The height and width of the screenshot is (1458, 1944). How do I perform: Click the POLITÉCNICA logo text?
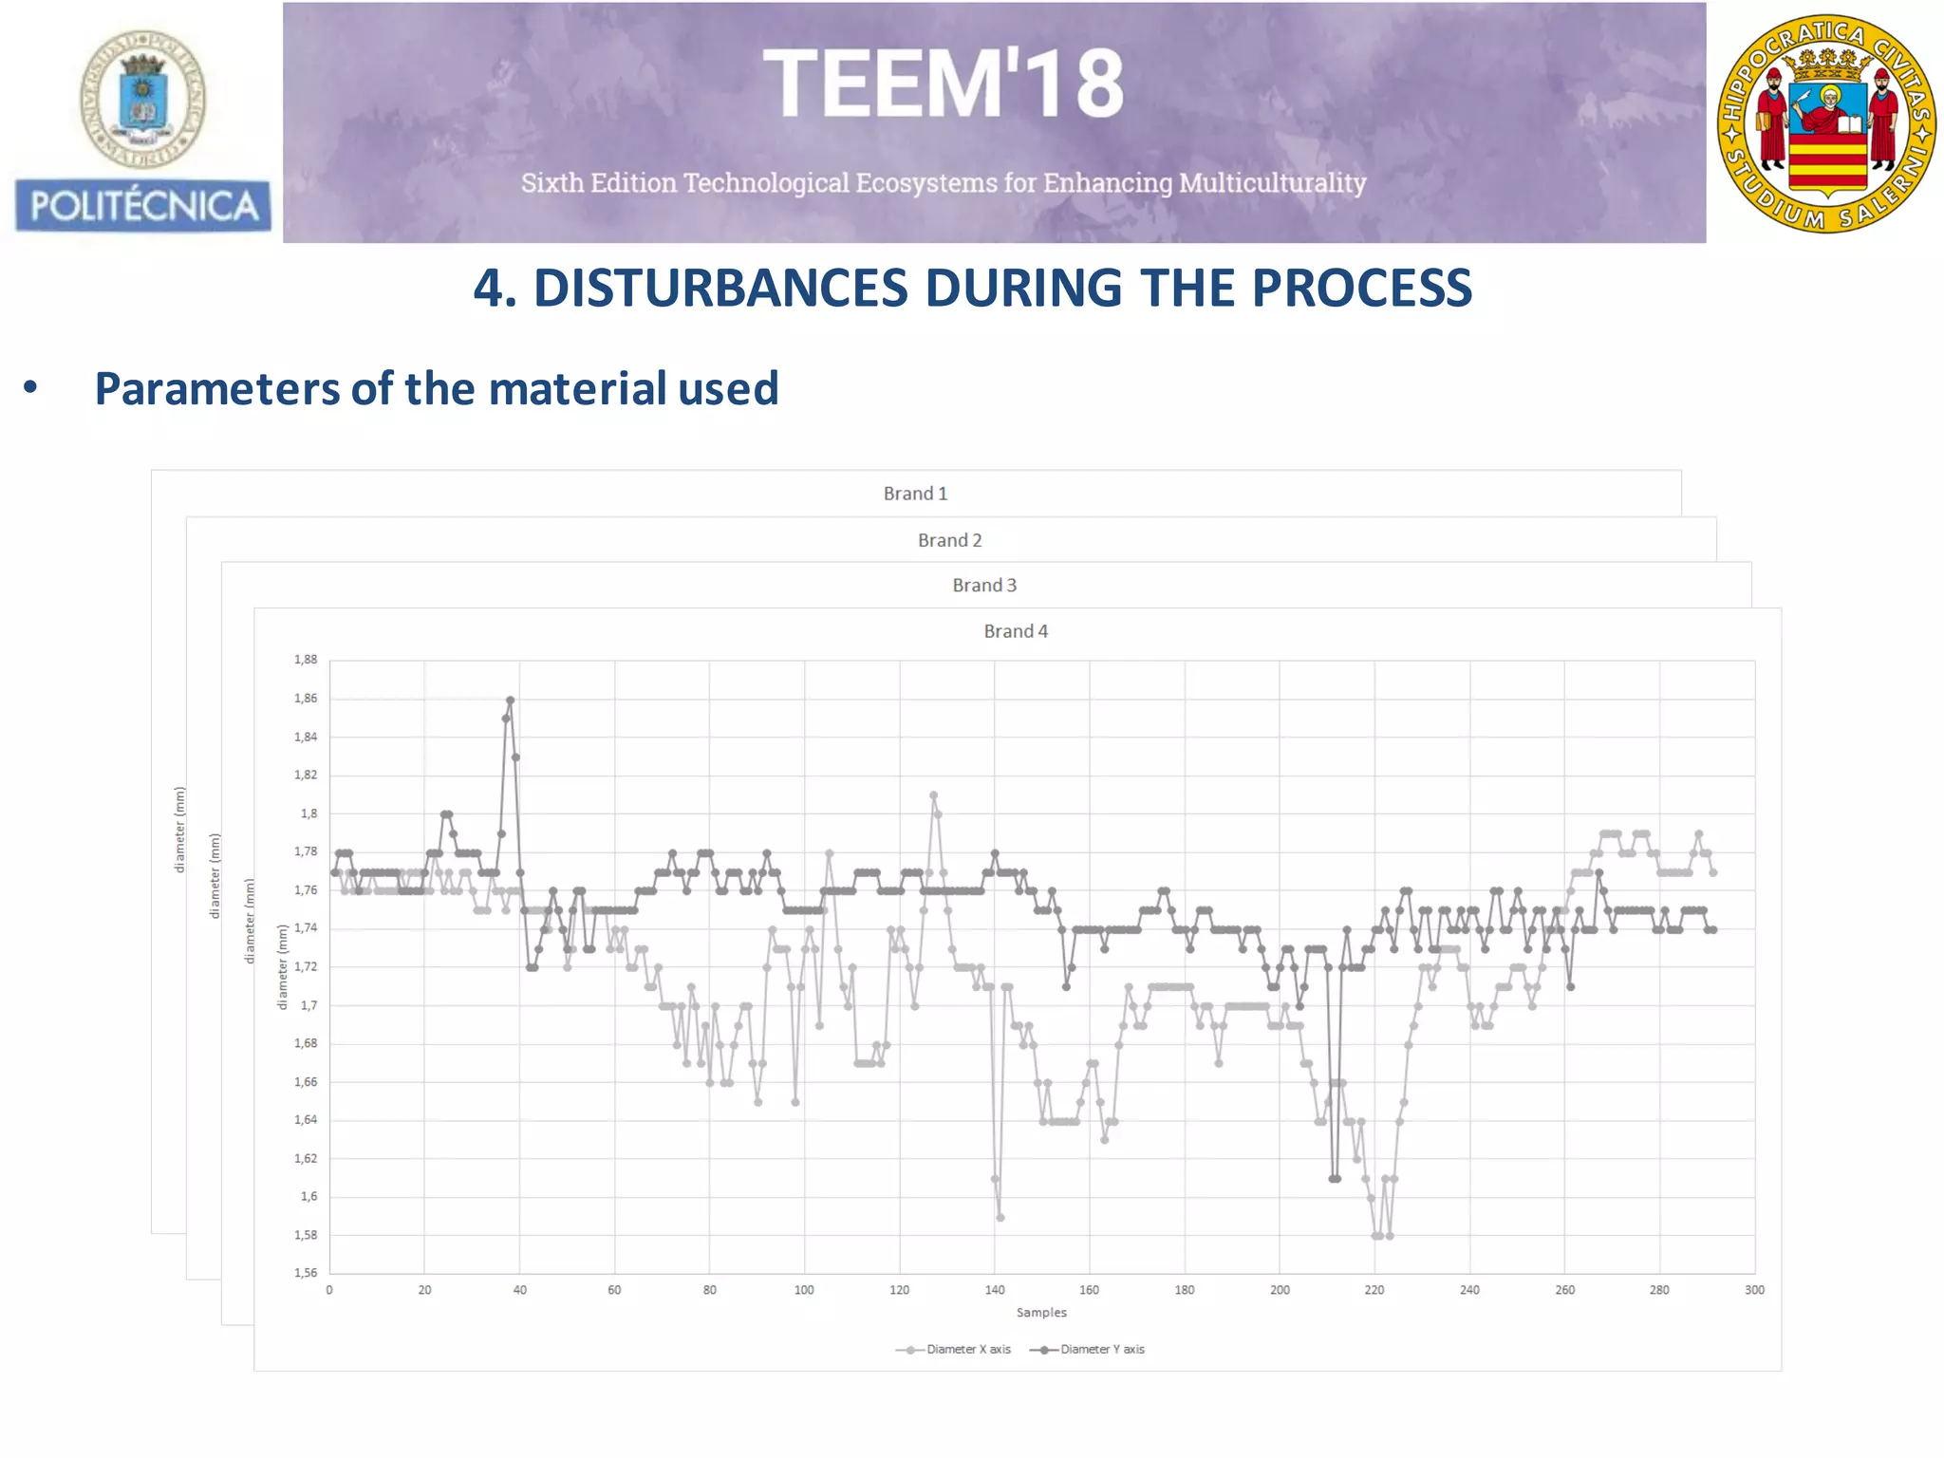pyautogui.click(x=143, y=206)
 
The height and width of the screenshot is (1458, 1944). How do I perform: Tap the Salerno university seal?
pyautogui.click(x=1826, y=123)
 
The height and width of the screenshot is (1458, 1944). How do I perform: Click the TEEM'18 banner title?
pyautogui.click(x=943, y=85)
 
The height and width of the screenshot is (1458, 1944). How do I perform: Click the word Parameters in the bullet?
pyautogui.click(x=217, y=388)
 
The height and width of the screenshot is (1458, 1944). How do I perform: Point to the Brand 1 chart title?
pyautogui.click(x=915, y=494)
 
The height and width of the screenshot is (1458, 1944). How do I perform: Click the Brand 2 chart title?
pyautogui.click(x=949, y=540)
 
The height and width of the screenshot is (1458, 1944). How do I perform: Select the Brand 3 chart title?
pyautogui.click(x=984, y=586)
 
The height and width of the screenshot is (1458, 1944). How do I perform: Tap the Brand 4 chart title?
pyautogui.click(x=1016, y=631)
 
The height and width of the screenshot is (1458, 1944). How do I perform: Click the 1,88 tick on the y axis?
pyautogui.click(x=306, y=660)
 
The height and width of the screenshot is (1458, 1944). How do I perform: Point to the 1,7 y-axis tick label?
pyautogui.click(x=309, y=1005)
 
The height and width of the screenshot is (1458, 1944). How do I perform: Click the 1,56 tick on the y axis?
pyautogui.click(x=306, y=1273)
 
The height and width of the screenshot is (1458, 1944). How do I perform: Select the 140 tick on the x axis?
pyautogui.click(x=994, y=1290)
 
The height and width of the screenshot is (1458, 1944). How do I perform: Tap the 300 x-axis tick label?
pyautogui.click(x=1754, y=1290)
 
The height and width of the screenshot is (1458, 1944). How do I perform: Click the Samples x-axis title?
pyautogui.click(x=1041, y=1313)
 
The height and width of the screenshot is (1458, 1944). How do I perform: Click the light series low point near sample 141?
pyautogui.click(x=1000, y=1218)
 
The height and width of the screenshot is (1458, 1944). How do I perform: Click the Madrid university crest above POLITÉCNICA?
pyautogui.click(x=142, y=100)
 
